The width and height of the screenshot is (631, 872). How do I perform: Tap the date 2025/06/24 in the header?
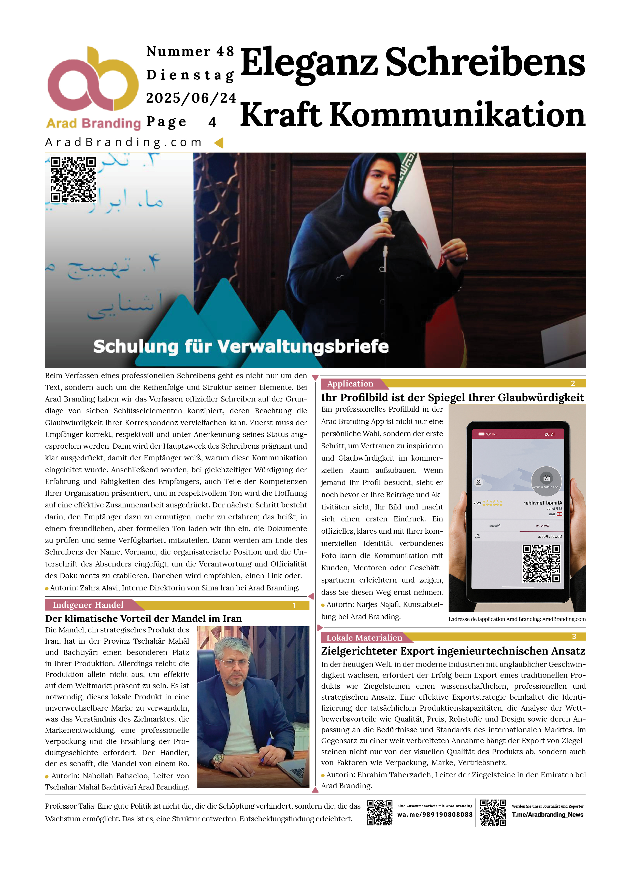tap(191, 98)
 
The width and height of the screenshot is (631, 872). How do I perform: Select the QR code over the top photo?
tap(73, 179)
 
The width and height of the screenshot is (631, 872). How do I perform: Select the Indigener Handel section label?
tap(88, 605)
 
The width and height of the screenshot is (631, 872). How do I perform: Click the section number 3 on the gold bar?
tap(574, 637)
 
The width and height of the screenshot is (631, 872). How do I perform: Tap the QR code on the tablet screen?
tap(541, 564)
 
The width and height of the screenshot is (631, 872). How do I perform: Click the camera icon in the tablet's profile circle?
tap(546, 479)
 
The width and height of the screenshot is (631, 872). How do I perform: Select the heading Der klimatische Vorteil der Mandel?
tap(143, 619)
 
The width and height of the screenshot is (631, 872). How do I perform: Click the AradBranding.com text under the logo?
tap(123, 143)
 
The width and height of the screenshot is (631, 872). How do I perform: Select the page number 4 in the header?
tap(212, 122)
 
